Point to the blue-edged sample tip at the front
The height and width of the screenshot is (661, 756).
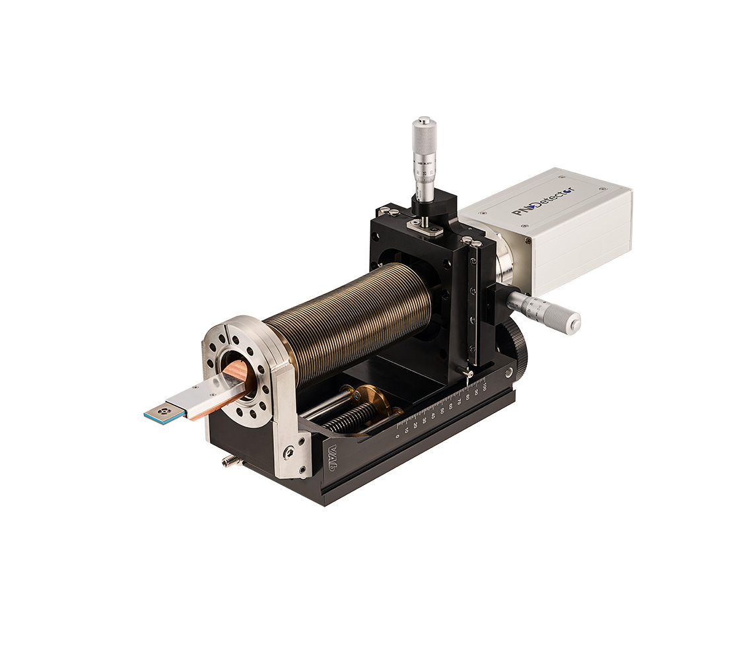pyautogui.click(x=160, y=413)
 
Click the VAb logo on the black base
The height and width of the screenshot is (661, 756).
pyautogui.click(x=331, y=455)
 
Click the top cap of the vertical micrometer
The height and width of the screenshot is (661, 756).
pyautogui.click(x=423, y=121)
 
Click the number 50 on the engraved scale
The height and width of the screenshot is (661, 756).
pyautogui.click(x=442, y=410)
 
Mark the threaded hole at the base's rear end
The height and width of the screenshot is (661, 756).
pyautogui.click(x=508, y=373)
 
